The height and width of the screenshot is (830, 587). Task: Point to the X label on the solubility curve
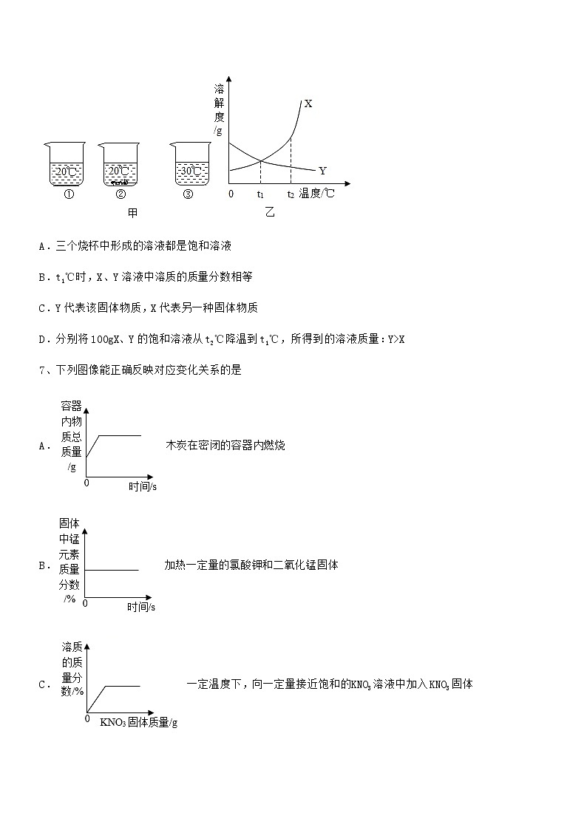(308, 104)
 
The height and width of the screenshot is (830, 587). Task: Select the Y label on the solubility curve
(322, 171)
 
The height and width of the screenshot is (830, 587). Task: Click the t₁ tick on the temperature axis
(260, 194)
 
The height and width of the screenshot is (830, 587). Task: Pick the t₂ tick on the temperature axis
(291, 194)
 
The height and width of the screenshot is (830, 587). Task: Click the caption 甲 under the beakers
(133, 213)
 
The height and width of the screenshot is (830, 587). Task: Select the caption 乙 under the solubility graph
(269, 213)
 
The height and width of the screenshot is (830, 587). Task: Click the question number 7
(41, 370)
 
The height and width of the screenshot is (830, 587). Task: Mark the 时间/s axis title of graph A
(143, 486)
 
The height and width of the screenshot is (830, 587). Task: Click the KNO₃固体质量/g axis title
(139, 722)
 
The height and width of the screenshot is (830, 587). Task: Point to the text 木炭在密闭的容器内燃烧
(225, 445)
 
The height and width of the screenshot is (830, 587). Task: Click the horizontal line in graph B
(112, 570)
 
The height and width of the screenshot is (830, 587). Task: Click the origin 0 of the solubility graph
(231, 194)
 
